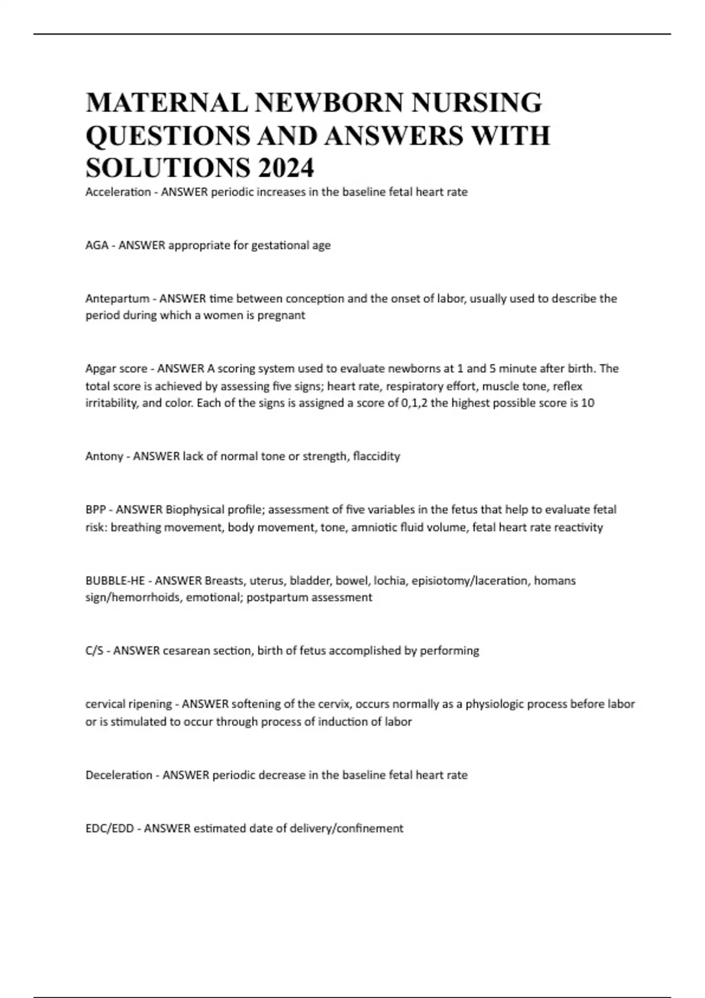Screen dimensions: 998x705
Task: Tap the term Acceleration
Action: click(x=118, y=193)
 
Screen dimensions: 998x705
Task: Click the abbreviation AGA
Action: click(x=97, y=245)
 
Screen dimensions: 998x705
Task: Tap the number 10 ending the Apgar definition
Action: click(x=587, y=403)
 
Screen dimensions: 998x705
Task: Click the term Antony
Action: click(x=104, y=456)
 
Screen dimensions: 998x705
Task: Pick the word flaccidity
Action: click(x=376, y=456)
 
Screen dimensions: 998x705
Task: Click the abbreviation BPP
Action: click(x=96, y=510)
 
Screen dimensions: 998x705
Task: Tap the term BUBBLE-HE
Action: click(x=115, y=581)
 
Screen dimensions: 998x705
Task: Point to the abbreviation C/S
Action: click(x=95, y=650)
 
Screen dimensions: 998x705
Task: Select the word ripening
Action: click(x=152, y=704)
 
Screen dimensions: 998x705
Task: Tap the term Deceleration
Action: click(x=119, y=775)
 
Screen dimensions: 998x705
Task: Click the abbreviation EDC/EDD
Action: click(x=110, y=828)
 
